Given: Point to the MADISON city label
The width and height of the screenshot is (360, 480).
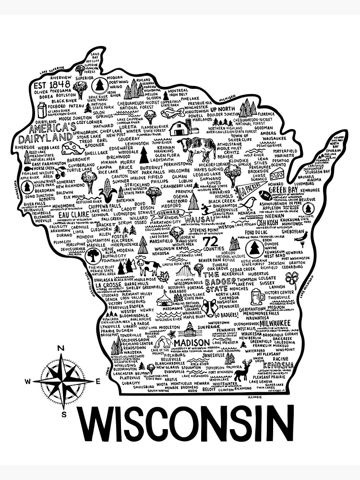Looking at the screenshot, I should [x=192, y=343].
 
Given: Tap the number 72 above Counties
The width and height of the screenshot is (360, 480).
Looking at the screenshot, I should [x=210, y=240].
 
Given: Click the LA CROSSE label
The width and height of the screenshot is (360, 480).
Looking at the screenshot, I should [x=108, y=285].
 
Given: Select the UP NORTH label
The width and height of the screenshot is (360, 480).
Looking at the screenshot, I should [x=221, y=109].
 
